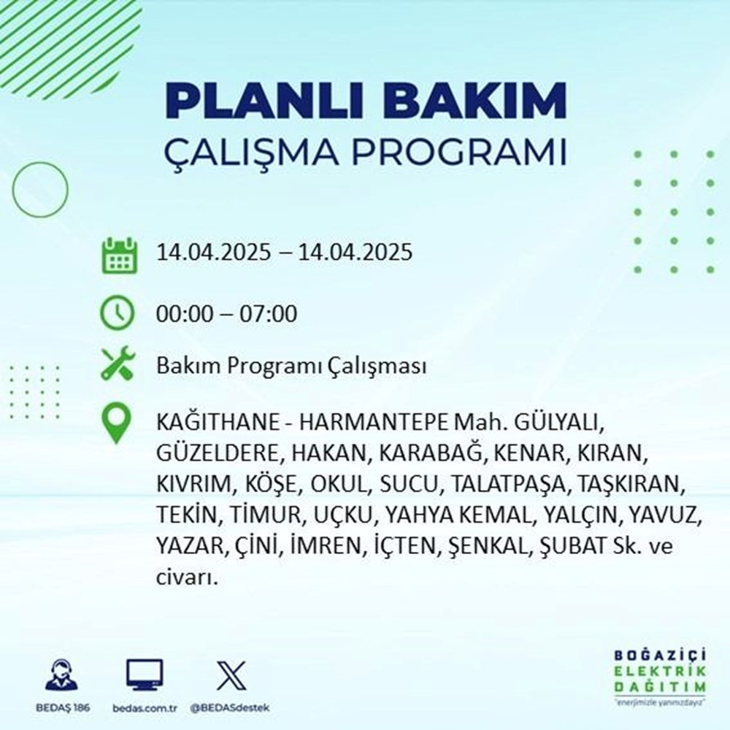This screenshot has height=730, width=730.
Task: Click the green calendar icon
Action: pos(118,254)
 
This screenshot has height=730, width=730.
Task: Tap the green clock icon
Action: pos(118,314)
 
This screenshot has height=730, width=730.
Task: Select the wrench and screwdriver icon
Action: pos(118,365)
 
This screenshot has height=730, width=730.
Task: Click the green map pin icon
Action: pos(118,424)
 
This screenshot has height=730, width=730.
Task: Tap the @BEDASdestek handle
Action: pos(230,709)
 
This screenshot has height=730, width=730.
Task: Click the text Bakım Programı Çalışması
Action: pos(291,366)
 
